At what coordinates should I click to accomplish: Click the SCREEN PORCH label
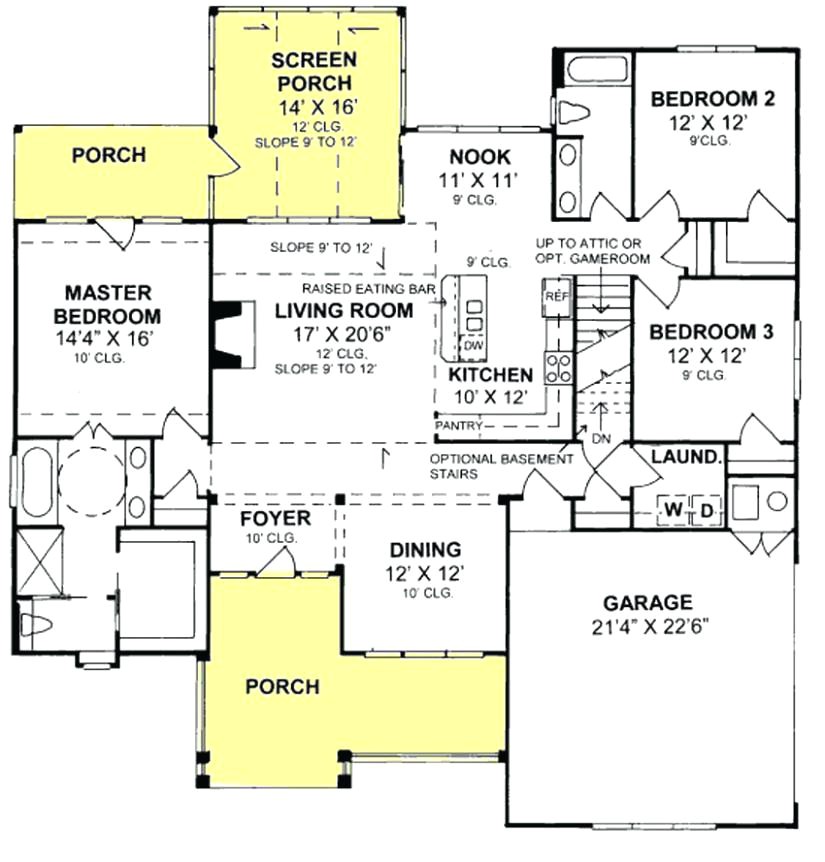point(314,71)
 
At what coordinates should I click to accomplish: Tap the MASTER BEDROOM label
point(108,305)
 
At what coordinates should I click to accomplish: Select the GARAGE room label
point(648,603)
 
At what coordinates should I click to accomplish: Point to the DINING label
point(425,550)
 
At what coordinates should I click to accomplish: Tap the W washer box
point(673,510)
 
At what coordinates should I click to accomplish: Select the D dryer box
point(706,511)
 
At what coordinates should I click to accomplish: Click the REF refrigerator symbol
point(557,297)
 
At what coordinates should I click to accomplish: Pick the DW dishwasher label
point(473,346)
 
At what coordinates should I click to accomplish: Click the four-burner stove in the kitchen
point(558,368)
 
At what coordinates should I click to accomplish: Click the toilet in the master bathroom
point(36,625)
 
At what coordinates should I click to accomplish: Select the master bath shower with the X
point(37,561)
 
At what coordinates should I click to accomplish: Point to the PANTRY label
point(458,426)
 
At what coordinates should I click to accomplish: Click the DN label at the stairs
point(601,439)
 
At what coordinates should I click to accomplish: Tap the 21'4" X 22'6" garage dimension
point(650,627)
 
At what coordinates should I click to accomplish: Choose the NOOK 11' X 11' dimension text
point(478,180)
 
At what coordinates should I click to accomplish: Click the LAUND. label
point(686,456)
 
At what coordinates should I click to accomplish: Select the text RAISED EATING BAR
point(368,289)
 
